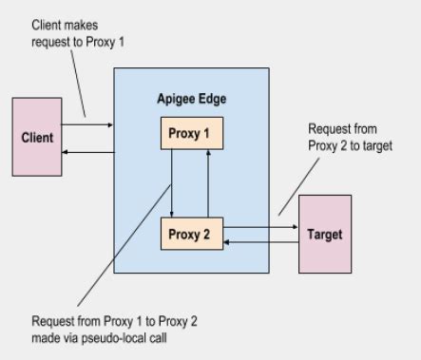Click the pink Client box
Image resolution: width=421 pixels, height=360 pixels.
(37, 137)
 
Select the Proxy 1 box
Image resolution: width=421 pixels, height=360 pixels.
(191, 133)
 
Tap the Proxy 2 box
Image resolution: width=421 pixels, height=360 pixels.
(191, 234)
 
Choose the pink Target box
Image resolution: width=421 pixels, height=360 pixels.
(325, 233)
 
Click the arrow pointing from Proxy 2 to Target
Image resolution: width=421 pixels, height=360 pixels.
(260, 228)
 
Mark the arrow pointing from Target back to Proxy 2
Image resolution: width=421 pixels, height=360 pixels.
(260, 243)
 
